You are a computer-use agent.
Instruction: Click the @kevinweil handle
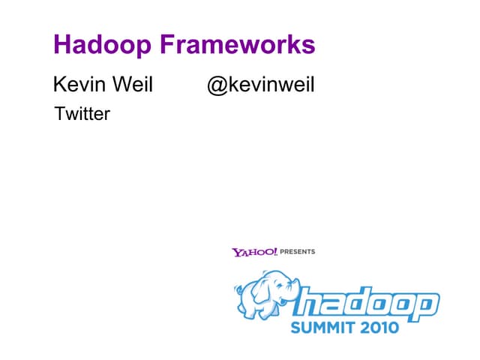260,85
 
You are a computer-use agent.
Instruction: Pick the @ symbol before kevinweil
216,85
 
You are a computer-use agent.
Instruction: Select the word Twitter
82,114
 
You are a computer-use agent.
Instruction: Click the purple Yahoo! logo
254,252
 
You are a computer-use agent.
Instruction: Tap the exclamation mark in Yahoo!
274,251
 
